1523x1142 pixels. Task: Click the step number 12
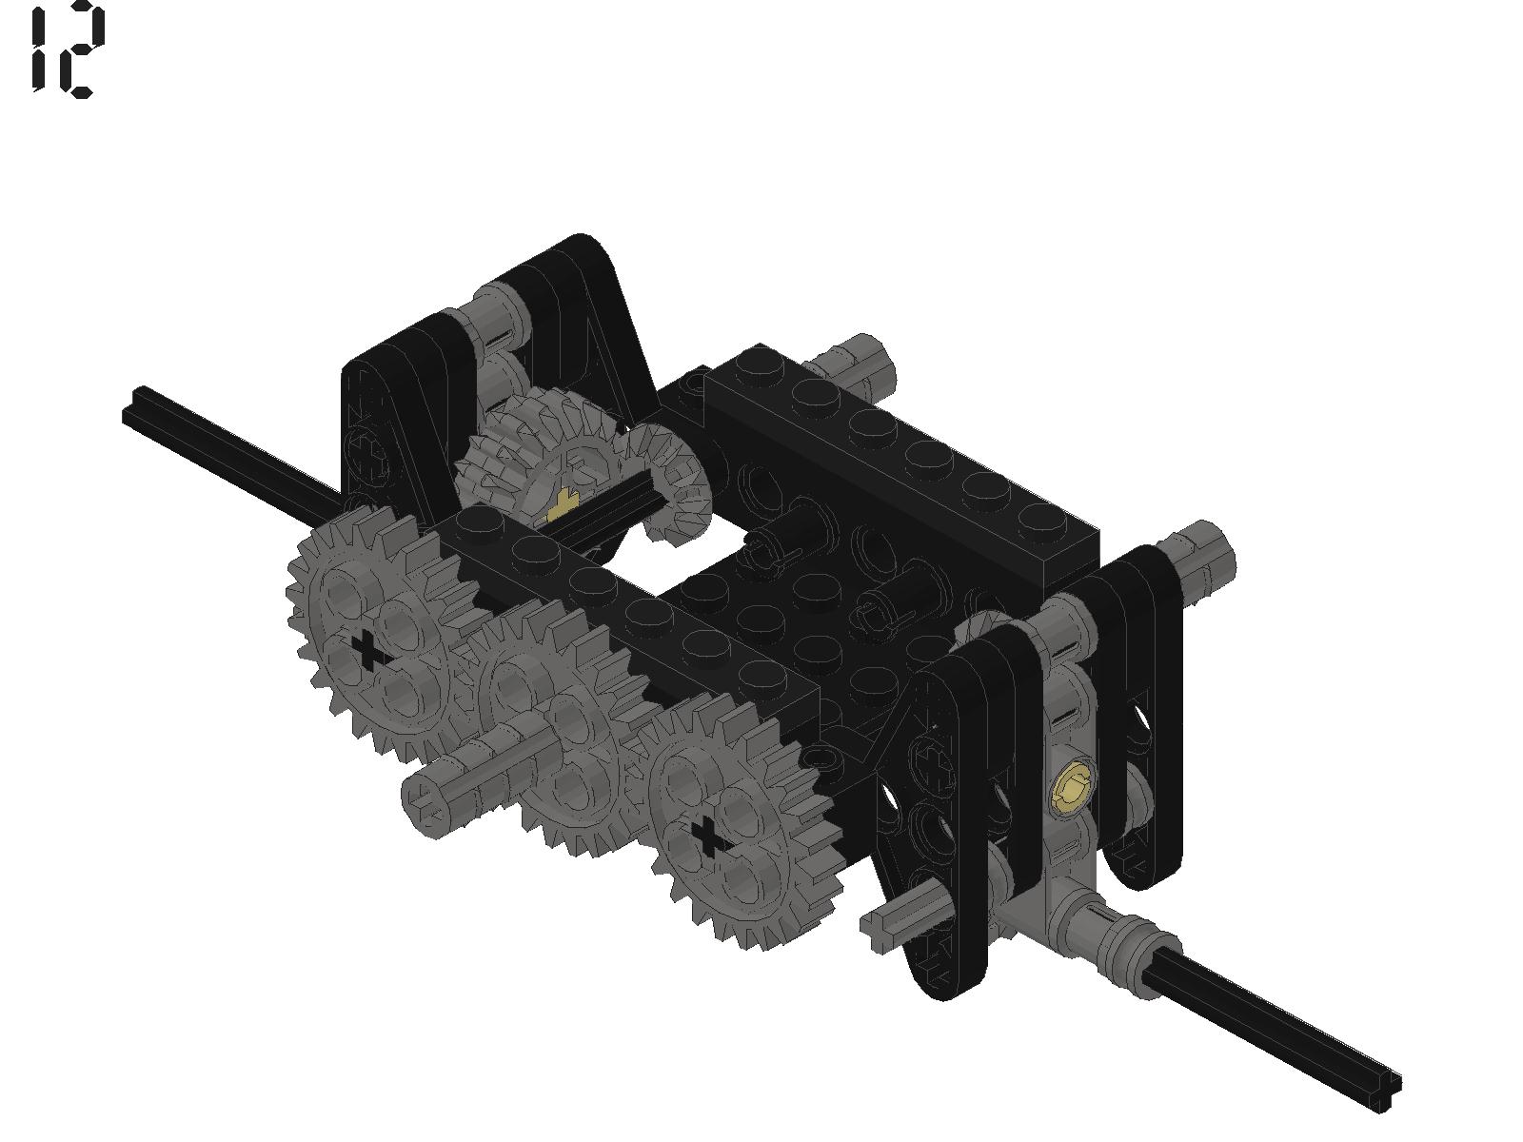pos(68,49)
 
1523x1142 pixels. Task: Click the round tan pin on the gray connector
pos(1073,788)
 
